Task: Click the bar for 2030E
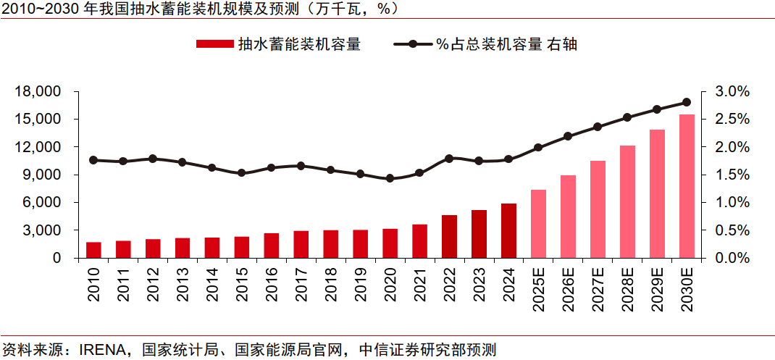click(x=686, y=186)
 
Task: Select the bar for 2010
click(x=93, y=250)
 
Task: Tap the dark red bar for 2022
click(x=449, y=236)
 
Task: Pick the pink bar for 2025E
click(x=538, y=224)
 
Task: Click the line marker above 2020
click(x=390, y=178)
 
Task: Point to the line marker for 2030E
click(x=686, y=102)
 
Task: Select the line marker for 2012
click(x=153, y=159)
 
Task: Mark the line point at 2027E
click(x=598, y=127)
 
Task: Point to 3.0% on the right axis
click(x=732, y=91)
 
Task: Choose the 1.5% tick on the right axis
click(x=732, y=175)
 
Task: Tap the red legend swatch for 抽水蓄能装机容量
click(x=214, y=44)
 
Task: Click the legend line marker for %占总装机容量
click(x=412, y=44)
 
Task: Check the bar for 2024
click(x=508, y=230)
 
